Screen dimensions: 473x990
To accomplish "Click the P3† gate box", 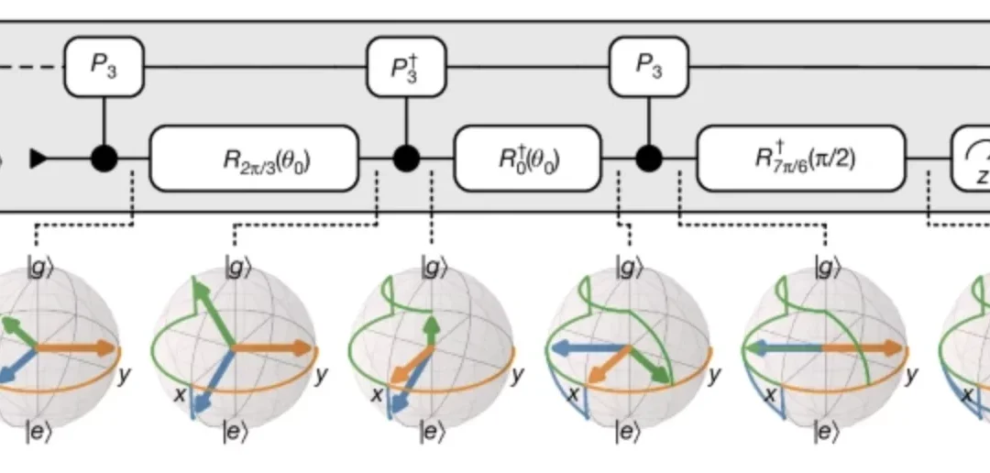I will [x=405, y=67].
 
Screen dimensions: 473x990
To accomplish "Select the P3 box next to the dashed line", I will [x=104, y=67].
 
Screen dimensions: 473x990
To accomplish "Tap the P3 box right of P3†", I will [x=650, y=67].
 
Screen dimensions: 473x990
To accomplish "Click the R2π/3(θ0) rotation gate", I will [x=254, y=159].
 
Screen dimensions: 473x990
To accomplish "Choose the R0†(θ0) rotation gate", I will [x=528, y=159].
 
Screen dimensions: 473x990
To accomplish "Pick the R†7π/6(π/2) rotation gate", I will [x=800, y=159].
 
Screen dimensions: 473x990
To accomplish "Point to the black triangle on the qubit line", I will [x=38, y=159].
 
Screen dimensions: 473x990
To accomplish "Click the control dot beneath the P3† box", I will [x=405, y=159].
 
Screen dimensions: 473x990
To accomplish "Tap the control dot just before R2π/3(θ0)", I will [x=104, y=159].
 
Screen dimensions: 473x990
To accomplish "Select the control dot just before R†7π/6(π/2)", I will [x=650, y=159].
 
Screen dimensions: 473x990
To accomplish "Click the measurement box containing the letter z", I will [x=972, y=159].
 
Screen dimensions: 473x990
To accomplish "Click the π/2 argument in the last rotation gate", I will [x=844, y=159].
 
